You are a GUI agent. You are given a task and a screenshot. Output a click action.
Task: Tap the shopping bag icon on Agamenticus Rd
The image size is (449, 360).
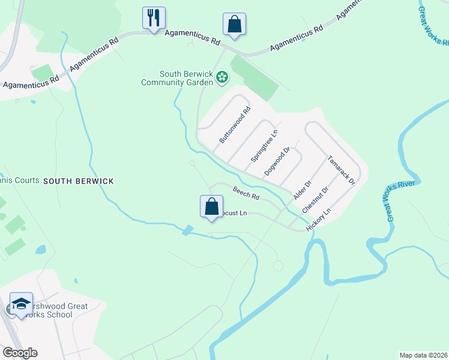click(x=234, y=25)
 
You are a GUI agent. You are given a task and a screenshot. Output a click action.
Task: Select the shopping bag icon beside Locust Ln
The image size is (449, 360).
click(x=211, y=206)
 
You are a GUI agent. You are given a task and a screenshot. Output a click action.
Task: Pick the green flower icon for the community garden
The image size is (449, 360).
click(x=222, y=77)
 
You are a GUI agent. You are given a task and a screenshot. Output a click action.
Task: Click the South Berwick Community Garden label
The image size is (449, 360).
click(x=177, y=78)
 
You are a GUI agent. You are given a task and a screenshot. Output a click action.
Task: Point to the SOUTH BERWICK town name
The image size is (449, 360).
click(x=78, y=181)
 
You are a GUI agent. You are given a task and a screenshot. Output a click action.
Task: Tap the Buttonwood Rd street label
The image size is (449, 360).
click(x=235, y=125)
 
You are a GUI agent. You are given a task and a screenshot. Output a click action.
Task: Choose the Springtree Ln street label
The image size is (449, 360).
click(x=265, y=146)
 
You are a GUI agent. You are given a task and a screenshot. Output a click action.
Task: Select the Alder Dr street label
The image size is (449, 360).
click(x=303, y=191)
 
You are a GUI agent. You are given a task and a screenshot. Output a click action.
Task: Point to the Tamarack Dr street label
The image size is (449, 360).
click(x=342, y=172)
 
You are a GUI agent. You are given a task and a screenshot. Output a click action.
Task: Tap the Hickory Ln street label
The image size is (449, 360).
click(x=319, y=221)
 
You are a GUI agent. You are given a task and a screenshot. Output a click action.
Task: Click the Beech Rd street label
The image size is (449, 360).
click(x=246, y=193)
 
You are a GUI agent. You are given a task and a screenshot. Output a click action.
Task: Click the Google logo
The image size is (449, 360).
click(x=20, y=353)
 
